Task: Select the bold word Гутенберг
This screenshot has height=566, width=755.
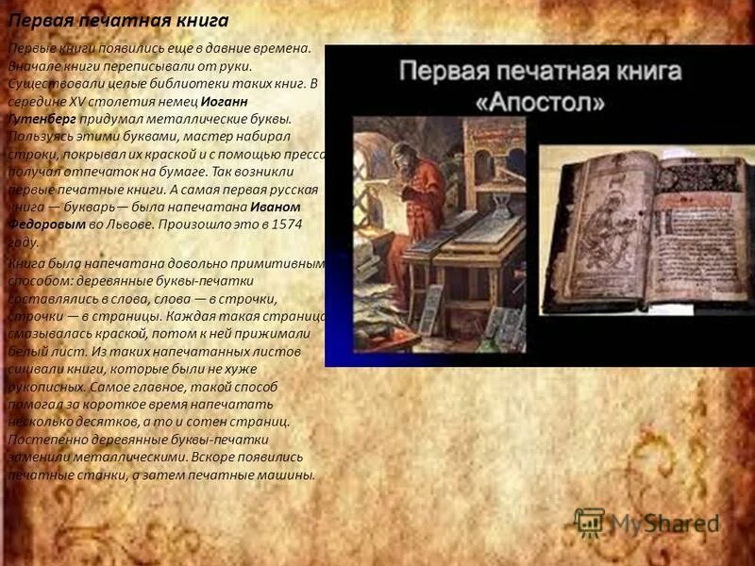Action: tap(42, 120)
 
